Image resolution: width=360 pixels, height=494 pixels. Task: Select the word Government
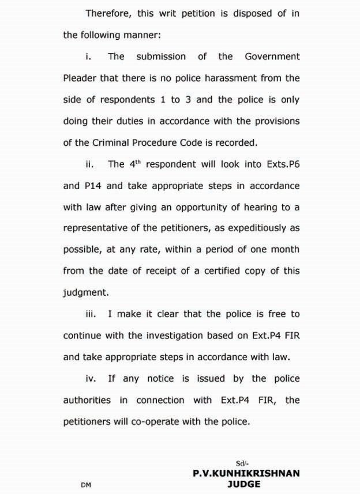coord(272,56)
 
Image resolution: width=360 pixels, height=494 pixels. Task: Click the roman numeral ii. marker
coord(89,164)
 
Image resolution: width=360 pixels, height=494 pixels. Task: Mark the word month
coord(284,250)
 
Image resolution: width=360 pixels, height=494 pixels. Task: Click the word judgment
coord(86,292)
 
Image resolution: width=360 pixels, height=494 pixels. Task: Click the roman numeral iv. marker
coord(90,379)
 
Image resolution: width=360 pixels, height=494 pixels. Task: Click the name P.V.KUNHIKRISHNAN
coord(246,473)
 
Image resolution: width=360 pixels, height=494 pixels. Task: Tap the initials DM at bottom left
coord(85,485)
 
